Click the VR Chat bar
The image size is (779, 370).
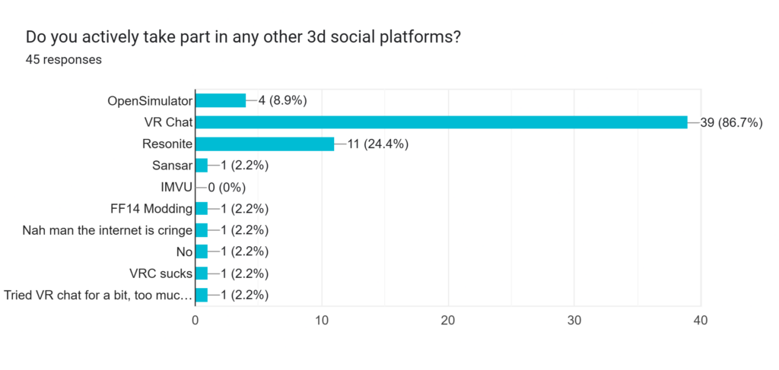click(x=441, y=122)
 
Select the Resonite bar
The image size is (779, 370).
click(x=265, y=144)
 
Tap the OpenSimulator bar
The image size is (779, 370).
click(x=221, y=100)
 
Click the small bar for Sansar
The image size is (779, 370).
click(x=202, y=166)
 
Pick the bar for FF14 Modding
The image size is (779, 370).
click(x=202, y=209)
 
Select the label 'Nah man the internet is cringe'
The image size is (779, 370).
click(x=107, y=230)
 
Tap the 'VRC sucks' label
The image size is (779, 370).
click(x=161, y=274)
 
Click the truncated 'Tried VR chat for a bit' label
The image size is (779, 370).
click(x=98, y=296)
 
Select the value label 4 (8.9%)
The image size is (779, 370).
click(x=282, y=100)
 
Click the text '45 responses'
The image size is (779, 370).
click(x=64, y=59)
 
